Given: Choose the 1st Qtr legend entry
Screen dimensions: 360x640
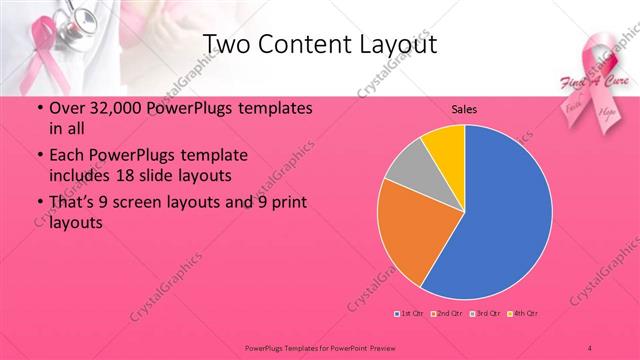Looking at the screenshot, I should point(410,314).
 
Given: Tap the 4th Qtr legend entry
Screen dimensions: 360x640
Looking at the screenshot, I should point(524,314).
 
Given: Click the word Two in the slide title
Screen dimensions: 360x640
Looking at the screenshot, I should point(225,44).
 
